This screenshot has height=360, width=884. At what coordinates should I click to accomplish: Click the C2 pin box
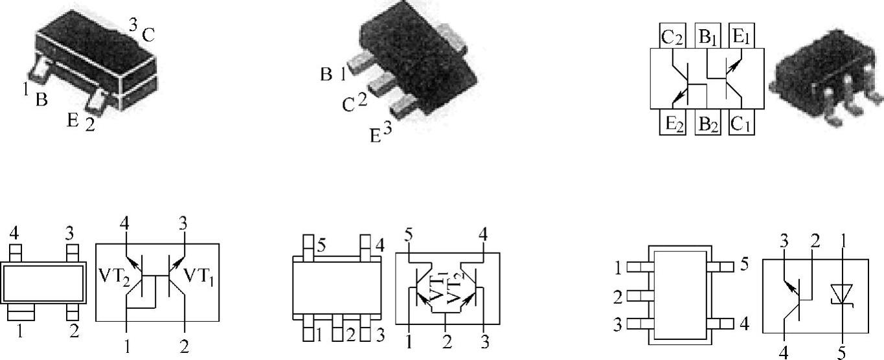click(672, 36)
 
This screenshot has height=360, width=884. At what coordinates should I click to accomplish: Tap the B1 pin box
click(708, 36)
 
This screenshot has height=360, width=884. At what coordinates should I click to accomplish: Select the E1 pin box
click(742, 36)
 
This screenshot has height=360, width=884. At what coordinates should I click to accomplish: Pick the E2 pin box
click(673, 122)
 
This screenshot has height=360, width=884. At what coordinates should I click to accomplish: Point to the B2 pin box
click(708, 122)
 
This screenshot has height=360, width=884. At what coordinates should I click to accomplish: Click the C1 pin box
click(742, 122)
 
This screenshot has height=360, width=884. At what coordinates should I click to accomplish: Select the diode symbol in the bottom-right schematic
click(842, 295)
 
